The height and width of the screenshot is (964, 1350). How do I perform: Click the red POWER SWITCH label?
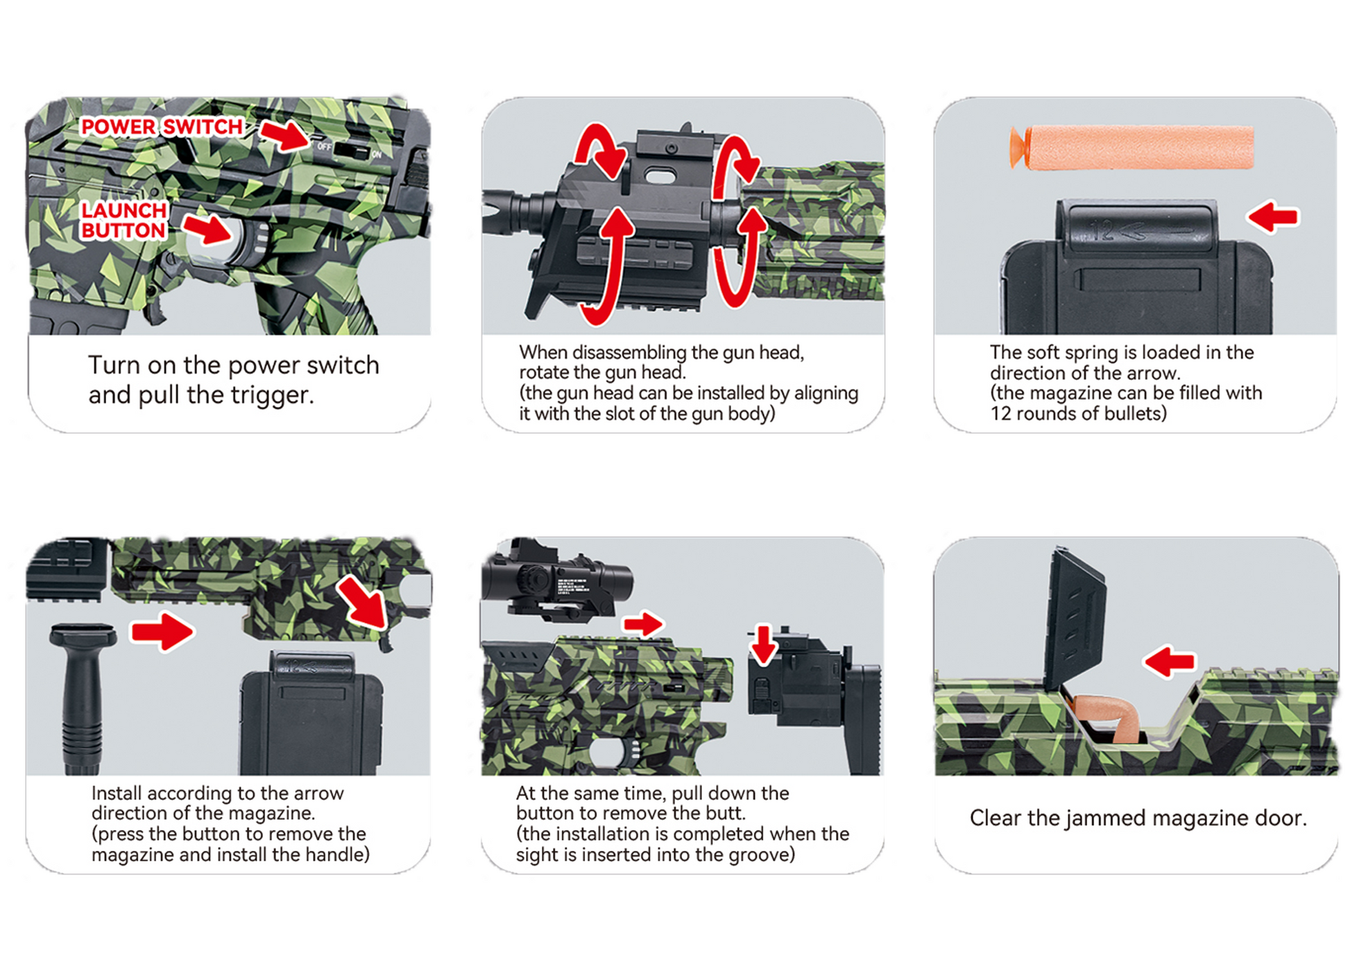click(162, 127)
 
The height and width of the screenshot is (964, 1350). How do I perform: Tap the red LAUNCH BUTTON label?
click(124, 220)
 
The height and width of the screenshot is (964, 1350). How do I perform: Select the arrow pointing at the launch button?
click(207, 228)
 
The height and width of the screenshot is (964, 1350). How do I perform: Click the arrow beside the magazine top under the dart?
click(1273, 217)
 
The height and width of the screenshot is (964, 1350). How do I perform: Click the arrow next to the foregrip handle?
click(163, 631)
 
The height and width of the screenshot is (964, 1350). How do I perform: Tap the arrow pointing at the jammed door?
click(1170, 662)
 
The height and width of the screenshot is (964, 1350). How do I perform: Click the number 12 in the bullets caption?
click(1001, 414)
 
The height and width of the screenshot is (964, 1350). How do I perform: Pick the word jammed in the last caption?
click(1101, 819)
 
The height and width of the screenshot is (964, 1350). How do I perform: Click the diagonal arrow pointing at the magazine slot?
click(362, 601)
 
